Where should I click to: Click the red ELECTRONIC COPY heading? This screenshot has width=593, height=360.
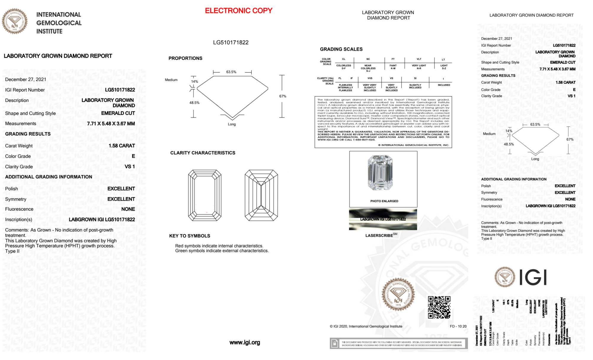(x=239, y=11)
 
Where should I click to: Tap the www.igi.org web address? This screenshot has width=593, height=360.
(x=245, y=343)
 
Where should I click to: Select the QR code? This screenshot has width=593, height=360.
(x=439, y=307)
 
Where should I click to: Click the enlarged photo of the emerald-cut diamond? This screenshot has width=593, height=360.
(x=380, y=173)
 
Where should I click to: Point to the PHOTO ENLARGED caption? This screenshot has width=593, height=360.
(x=384, y=201)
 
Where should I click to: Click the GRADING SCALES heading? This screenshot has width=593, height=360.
(x=341, y=49)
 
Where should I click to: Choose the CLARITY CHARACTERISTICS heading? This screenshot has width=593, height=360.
(x=203, y=153)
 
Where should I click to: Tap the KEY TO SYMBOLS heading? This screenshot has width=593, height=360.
(x=190, y=236)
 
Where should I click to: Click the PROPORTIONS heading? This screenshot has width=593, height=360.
(x=186, y=58)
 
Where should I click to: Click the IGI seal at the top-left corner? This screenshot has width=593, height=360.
(x=15, y=21)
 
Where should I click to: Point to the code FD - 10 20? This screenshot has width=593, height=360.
(x=458, y=327)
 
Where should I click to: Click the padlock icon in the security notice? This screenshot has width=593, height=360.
(x=335, y=344)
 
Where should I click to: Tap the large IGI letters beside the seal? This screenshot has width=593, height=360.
(x=533, y=278)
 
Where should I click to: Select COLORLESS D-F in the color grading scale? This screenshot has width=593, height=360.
(x=344, y=67)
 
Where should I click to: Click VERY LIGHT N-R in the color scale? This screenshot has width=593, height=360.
(x=419, y=67)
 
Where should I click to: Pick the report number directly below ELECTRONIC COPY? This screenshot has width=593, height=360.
(x=231, y=42)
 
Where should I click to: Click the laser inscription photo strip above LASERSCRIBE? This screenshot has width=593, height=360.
(x=383, y=219)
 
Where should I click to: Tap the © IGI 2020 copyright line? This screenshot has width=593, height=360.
(x=366, y=327)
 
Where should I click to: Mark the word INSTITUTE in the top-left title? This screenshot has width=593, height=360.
(x=49, y=31)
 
